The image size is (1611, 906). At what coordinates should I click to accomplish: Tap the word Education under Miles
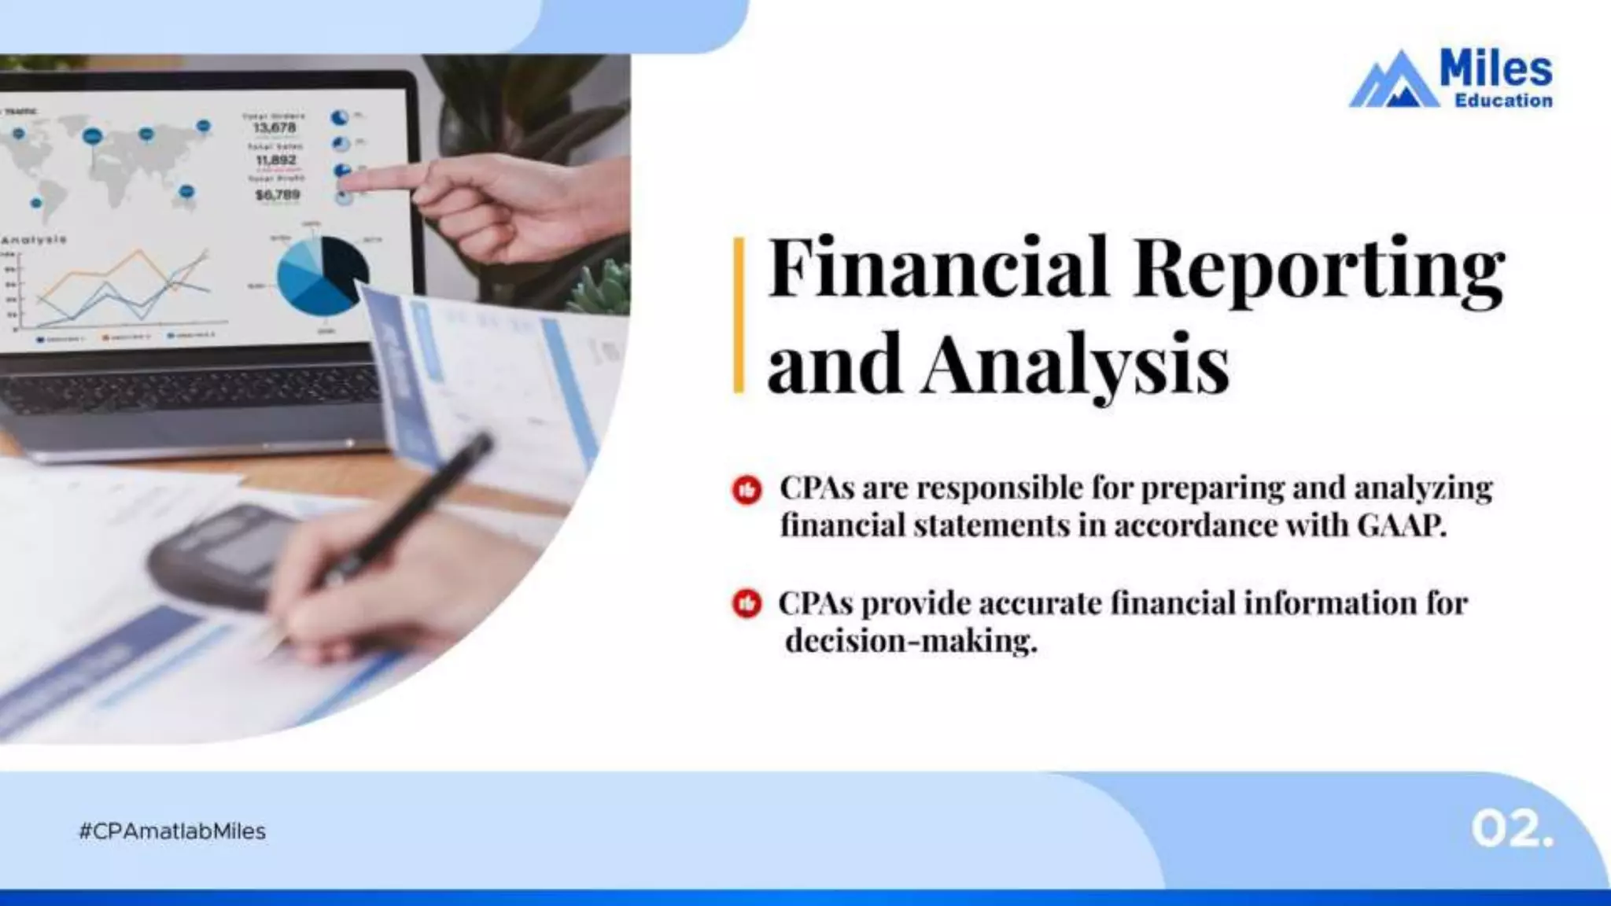[x=1503, y=101]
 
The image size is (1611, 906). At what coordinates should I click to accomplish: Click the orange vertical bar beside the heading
[x=739, y=315]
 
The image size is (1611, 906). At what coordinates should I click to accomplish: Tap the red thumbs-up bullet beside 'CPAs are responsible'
[x=747, y=489]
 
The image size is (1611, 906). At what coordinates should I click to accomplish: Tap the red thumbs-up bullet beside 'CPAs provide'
[x=747, y=604]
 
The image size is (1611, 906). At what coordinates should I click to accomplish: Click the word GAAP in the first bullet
[x=1401, y=525]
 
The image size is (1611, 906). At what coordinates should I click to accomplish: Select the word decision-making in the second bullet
[x=911, y=641]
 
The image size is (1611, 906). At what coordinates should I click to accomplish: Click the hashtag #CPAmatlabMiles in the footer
[x=172, y=831]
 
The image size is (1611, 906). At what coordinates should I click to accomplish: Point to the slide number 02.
[x=1511, y=830]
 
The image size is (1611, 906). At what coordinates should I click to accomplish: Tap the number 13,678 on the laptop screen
[x=274, y=127]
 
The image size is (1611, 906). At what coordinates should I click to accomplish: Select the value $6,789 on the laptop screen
[x=277, y=194]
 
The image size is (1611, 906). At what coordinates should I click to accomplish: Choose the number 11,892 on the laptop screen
[x=275, y=160]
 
